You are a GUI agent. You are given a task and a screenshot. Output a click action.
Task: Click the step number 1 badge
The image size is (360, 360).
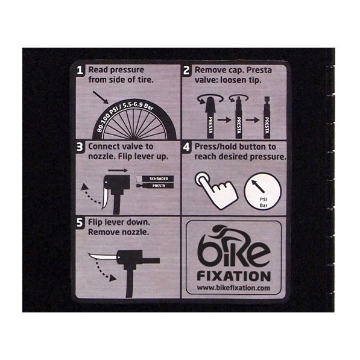[80, 71]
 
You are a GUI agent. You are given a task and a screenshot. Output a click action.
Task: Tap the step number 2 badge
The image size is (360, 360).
[186, 71]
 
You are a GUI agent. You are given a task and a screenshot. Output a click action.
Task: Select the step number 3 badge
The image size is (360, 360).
[80, 147]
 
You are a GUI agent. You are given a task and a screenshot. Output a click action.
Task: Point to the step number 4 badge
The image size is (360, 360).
[186, 147]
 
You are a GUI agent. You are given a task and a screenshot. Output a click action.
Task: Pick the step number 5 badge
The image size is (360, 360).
[80, 223]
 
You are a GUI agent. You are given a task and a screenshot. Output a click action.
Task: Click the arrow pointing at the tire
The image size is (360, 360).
[101, 97]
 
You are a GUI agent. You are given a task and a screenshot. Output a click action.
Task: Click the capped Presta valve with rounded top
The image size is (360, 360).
[210, 118]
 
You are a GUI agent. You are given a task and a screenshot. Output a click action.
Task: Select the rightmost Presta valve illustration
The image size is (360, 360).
[267, 118]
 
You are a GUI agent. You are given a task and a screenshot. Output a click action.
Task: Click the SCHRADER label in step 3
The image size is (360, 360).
[159, 178]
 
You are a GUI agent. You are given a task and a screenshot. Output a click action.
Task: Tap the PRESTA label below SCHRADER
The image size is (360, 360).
[159, 186]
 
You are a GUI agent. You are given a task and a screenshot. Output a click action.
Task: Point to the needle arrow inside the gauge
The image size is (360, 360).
[258, 186]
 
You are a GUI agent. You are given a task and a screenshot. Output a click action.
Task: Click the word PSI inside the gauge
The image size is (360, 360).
[264, 200]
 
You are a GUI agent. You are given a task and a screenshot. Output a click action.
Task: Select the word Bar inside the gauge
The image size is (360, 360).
[264, 205]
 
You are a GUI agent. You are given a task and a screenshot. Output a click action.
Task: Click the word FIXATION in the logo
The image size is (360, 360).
[234, 276]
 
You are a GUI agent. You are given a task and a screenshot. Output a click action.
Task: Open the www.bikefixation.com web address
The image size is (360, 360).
[233, 288]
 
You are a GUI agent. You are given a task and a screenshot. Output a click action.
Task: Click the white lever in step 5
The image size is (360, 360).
[103, 256]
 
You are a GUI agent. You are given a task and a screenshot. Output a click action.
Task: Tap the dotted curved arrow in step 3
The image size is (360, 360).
[90, 195]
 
